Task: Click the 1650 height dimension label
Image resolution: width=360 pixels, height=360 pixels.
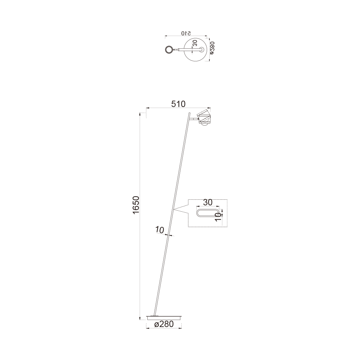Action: [136, 205]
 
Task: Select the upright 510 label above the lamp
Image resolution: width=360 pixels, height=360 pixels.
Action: [178, 104]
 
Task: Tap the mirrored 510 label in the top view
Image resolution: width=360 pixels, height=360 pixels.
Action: [186, 33]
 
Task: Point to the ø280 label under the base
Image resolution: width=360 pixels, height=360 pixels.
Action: [164, 324]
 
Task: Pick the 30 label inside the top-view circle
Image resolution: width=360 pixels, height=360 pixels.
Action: [195, 43]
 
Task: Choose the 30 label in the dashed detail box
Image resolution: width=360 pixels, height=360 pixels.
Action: [208, 202]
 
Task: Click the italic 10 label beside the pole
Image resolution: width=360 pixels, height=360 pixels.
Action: [160, 230]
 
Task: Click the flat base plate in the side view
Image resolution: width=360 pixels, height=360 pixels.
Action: [164, 318]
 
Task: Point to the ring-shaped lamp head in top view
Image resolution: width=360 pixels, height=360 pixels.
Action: [169, 50]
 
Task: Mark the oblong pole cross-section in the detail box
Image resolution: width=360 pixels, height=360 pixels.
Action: [207, 213]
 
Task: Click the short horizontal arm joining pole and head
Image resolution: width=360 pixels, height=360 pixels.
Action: [193, 119]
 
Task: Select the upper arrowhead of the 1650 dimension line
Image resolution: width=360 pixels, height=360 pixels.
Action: [140, 114]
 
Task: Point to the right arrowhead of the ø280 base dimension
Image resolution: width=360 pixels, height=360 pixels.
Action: [181, 328]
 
